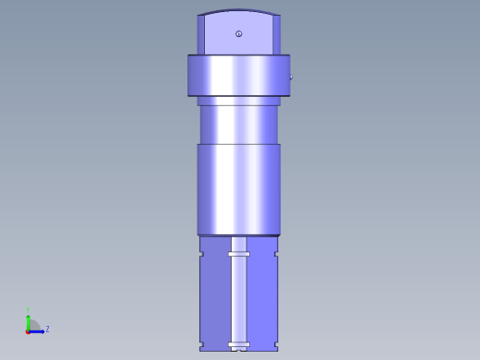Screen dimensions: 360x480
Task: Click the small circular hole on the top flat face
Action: pyautogui.click(x=239, y=34)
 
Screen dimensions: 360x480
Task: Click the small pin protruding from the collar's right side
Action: pyautogui.click(x=292, y=78)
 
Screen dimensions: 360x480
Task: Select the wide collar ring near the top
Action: pyautogui.click(x=238, y=76)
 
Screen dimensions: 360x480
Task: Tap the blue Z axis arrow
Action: pyautogui.click(x=38, y=329)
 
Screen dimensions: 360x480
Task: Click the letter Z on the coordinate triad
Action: pyautogui.click(x=47, y=329)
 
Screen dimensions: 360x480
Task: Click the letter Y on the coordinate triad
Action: pyautogui.click(x=28, y=310)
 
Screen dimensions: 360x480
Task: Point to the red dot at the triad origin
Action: pyautogui.click(x=28, y=330)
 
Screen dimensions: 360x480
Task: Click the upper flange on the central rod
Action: pyautogui.click(x=239, y=253)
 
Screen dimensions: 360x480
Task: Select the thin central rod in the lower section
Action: pyautogui.click(x=239, y=300)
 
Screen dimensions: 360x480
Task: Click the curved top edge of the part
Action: pyautogui.click(x=238, y=11)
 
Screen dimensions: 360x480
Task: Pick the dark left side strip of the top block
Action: pyautogui.click(x=200, y=35)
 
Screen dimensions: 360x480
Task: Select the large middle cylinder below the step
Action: pyautogui.click(x=238, y=189)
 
